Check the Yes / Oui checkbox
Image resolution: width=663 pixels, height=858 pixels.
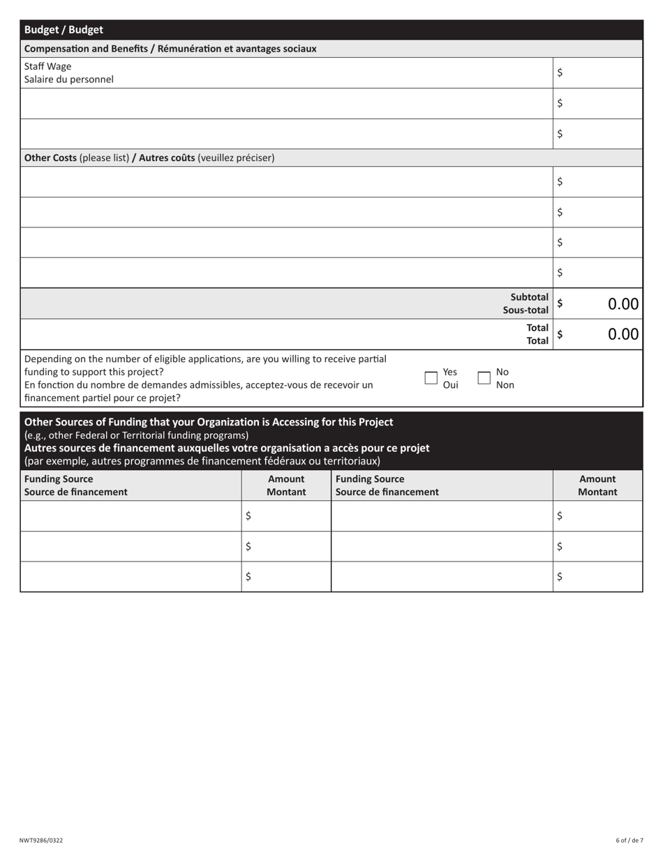tap(431, 377)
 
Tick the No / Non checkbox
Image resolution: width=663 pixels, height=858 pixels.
tap(484, 377)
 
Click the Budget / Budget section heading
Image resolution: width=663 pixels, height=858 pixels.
tap(64, 30)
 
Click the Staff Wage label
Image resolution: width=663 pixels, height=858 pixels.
tap(47, 66)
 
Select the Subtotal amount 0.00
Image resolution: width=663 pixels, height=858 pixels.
tap(623, 303)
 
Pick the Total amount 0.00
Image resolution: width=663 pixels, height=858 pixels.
tap(623, 334)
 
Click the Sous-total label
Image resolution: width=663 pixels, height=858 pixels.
tap(526, 310)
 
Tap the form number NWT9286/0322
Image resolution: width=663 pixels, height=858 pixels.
tap(40, 841)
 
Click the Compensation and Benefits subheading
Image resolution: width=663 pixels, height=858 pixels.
tap(170, 49)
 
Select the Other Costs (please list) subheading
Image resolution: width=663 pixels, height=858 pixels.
tap(149, 158)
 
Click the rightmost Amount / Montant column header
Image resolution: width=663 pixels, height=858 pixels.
tap(597, 486)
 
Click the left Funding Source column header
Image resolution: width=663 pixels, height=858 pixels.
tap(75, 486)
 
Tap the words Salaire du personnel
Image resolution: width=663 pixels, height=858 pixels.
tap(68, 80)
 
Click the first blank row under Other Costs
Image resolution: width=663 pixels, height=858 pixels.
tap(286, 181)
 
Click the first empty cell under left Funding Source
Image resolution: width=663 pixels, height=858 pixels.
tap(131, 516)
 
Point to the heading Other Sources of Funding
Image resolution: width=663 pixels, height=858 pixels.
tap(209, 422)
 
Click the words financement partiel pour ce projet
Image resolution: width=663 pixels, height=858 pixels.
tap(102, 398)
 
